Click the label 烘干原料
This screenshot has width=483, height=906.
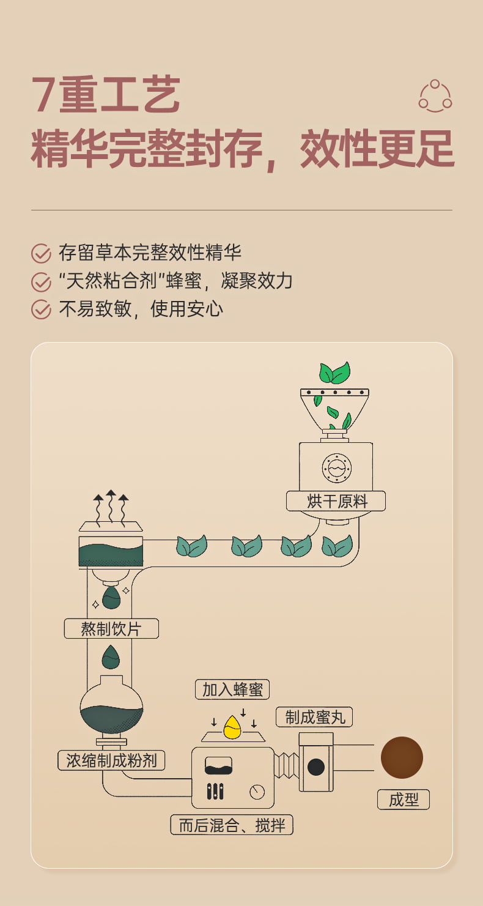pos(336,501)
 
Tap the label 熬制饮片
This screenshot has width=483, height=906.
pos(111,628)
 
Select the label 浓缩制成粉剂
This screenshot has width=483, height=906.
pos(111,760)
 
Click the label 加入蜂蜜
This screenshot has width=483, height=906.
pos(232,689)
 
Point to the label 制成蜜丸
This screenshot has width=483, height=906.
pos(314,717)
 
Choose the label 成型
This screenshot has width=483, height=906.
pos(403,800)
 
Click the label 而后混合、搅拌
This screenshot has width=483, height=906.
pos(232,825)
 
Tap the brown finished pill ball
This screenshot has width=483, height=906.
pos(402,757)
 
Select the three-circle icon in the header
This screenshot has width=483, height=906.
pos(435,96)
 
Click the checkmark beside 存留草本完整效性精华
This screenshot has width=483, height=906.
pos(41,253)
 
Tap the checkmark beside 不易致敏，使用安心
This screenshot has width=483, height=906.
pos(41,310)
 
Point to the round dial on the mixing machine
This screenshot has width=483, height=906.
pos(257,792)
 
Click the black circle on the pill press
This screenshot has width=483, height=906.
pos(316,767)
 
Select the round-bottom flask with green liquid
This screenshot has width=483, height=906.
pos(111,710)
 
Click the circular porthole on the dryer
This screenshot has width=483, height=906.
pos(337,468)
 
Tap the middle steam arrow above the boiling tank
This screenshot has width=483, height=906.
pos(111,507)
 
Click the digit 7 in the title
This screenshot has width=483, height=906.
pos(44,95)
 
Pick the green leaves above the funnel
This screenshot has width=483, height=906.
pos(334,372)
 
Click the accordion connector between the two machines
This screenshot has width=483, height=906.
pos(286,765)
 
